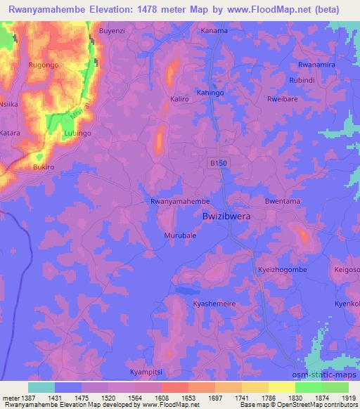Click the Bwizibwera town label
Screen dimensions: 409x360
226,217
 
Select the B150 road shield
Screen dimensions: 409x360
218,163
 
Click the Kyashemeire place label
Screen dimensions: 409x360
214,304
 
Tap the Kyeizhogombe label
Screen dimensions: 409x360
280,271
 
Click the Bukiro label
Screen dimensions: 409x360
44,168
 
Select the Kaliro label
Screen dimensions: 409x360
180,99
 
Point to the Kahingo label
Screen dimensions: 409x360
210,93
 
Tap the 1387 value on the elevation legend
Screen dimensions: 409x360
25,398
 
